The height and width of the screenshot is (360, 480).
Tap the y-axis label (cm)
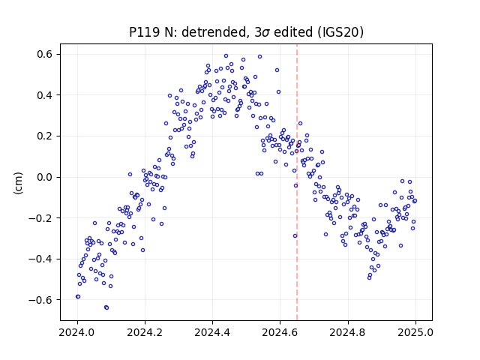click(18, 183)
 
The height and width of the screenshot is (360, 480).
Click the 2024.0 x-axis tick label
click(76, 332)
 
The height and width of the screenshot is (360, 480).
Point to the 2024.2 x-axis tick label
click(145, 332)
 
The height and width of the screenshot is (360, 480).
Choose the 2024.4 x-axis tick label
click(212, 332)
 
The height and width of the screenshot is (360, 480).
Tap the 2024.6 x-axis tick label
click(280, 332)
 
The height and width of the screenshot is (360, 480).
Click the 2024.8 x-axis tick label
click(347, 332)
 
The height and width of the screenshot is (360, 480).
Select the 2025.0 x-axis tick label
click(415, 332)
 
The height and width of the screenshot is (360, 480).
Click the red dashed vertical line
click(297, 182)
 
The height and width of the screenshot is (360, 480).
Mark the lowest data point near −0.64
click(106, 307)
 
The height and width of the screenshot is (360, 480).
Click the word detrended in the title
click(214, 32)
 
